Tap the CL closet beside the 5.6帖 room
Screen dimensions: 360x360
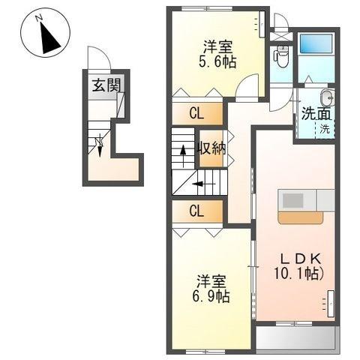[x=196, y=114]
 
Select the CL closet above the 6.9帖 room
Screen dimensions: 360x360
[x=196, y=211]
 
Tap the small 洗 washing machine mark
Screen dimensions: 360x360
[x=325, y=129]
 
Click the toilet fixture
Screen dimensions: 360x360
[x=281, y=55]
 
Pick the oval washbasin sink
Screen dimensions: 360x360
[x=326, y=97]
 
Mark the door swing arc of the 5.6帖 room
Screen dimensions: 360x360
[x=244, y=87]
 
